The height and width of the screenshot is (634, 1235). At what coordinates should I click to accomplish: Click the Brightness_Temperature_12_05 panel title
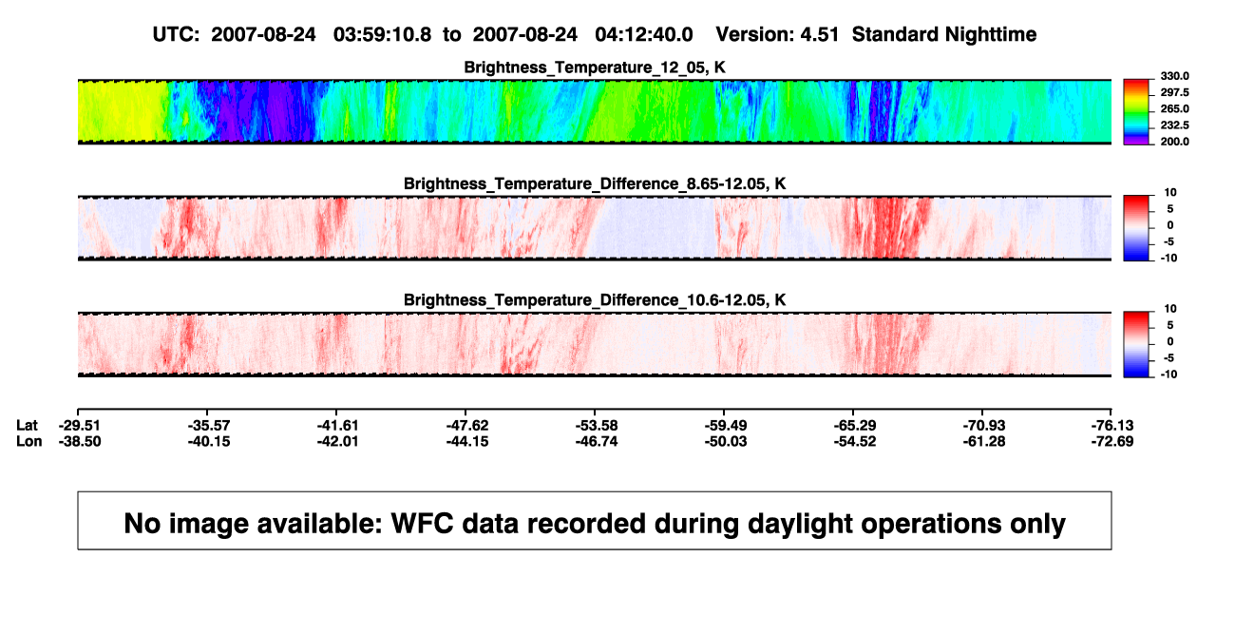point(595,67)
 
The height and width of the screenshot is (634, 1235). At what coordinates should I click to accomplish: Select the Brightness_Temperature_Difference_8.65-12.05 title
point(595,183)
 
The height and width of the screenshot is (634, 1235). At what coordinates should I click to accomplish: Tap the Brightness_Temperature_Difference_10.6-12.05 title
point(595,300)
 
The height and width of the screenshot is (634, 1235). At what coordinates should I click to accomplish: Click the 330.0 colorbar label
point(1174,76)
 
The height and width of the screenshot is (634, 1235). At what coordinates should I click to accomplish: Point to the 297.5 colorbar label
point(1174,92)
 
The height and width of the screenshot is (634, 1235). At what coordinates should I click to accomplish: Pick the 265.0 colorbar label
point(1174,108)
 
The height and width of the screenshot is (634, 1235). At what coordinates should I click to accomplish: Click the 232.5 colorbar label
point(1174,125)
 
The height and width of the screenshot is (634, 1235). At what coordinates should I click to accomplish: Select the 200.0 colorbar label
point(1174,142)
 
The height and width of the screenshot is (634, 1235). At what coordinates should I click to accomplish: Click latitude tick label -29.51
point(80,426)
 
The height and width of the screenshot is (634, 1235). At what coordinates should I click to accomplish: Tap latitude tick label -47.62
point(467,426)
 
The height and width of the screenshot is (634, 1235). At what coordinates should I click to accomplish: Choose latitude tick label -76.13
point(1112,426)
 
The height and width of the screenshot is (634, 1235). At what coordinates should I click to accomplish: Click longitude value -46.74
point(597,441)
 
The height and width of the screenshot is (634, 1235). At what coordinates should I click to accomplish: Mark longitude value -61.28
point(984,441)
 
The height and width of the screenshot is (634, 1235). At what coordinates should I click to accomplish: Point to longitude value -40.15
point(208,441)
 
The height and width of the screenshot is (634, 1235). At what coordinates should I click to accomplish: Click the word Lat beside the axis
point(27,426)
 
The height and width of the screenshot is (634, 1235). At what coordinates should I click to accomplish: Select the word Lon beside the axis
point(29,441)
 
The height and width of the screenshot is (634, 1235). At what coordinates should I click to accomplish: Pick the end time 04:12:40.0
point(644,35)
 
